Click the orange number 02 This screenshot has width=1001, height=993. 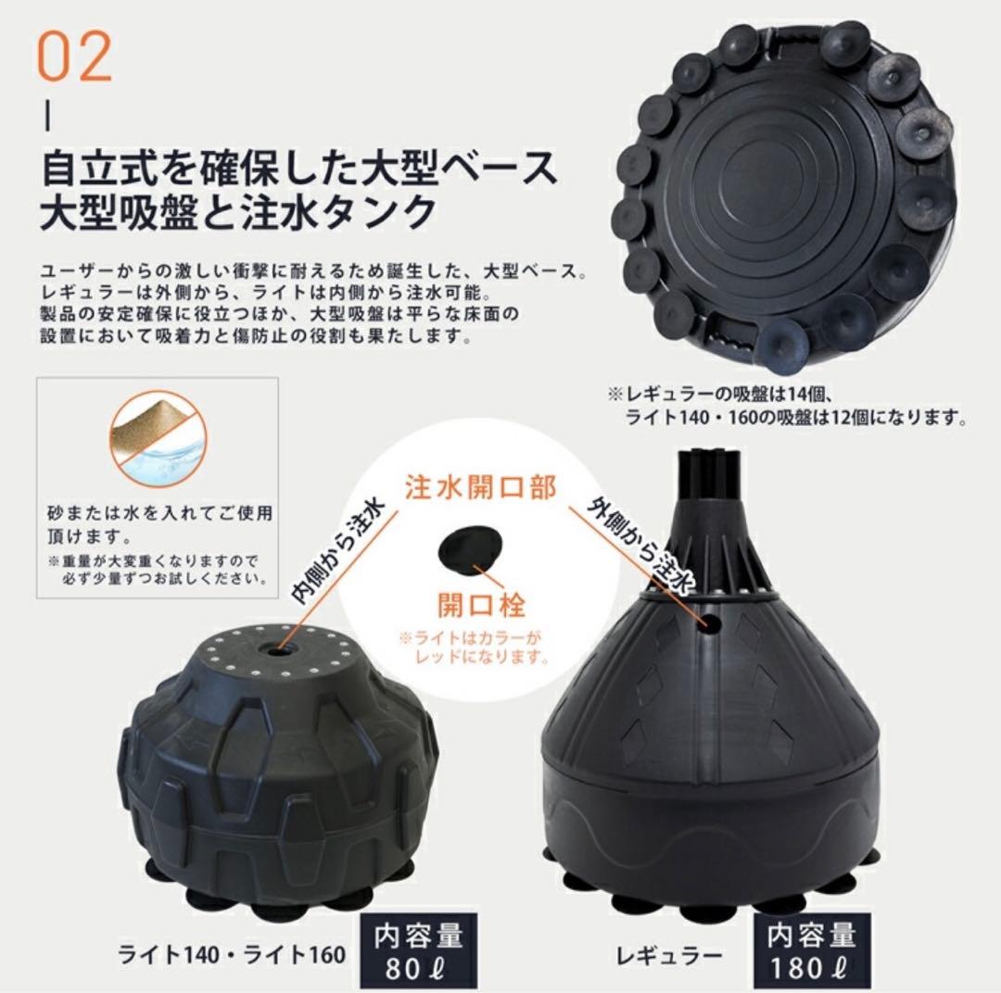tap(75, 57)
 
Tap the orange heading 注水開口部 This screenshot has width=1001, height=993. tap(481, 487)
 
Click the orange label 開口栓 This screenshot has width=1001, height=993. tap(481, 603)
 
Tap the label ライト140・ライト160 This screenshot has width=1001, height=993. tap(232, 954)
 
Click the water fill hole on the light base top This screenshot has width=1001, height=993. tap(277, 651)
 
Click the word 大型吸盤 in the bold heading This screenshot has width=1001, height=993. tap(118, 213)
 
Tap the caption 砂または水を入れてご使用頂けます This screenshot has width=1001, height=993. tap(160, 524)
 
